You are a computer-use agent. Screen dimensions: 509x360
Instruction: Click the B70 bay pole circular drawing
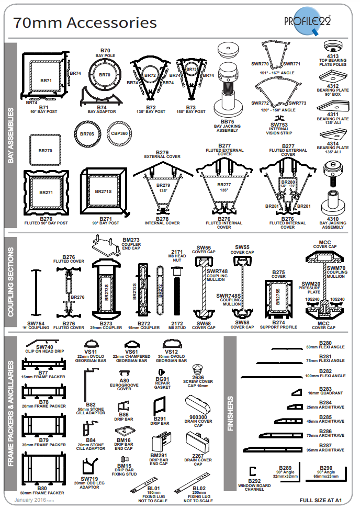point(105,75)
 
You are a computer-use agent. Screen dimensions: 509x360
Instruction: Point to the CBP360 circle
point(120,133)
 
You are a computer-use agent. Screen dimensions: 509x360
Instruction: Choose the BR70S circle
point(87,134)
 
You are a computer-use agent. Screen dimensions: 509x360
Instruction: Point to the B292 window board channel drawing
point(253,471)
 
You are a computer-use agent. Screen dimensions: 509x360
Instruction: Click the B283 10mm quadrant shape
point(297,391)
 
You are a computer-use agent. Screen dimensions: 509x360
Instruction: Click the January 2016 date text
point(32,501)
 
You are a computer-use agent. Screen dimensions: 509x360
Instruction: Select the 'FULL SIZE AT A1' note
point(321,501)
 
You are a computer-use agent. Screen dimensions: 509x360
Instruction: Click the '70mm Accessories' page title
point(85,22)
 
